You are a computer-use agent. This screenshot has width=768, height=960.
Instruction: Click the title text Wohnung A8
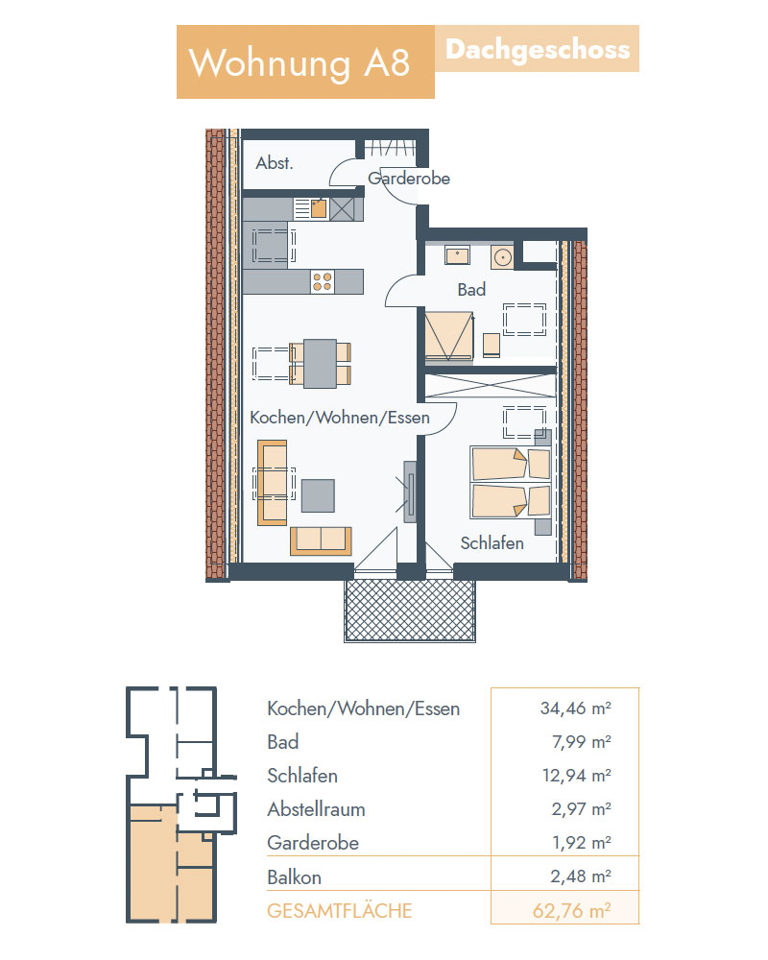300,62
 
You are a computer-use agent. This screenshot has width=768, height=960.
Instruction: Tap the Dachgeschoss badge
537,49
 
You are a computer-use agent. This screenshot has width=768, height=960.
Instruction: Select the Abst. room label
275,163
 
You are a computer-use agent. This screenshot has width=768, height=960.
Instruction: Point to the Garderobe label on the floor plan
409,179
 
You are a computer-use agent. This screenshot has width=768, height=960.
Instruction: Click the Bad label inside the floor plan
471,289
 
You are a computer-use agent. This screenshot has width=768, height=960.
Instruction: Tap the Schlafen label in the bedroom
492,543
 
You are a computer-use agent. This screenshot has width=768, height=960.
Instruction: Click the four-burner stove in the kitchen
323,281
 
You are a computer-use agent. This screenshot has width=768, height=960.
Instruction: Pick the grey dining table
321,364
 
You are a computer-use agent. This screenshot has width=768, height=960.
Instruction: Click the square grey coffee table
318,495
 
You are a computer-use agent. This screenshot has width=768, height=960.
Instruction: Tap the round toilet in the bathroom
502,257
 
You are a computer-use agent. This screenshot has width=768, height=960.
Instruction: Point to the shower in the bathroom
449,335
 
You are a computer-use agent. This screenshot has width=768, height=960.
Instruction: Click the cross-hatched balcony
410,611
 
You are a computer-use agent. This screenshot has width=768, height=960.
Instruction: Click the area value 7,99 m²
581,742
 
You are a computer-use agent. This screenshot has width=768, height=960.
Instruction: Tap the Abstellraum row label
316,809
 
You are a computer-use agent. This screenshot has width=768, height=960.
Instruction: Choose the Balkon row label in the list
294,877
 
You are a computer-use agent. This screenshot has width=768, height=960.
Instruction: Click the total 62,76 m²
571,910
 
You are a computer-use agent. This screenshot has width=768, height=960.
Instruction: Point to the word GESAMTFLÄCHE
339,911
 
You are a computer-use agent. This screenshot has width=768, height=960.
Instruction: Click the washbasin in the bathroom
458,254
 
